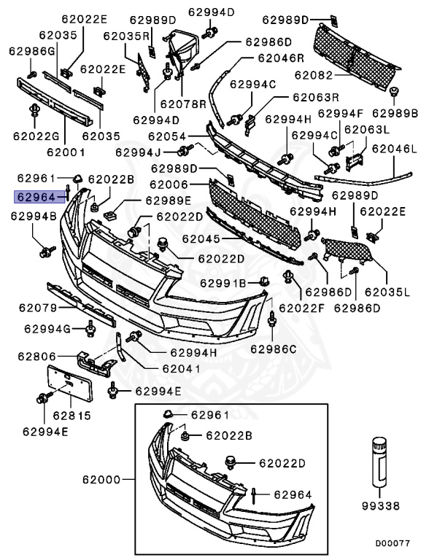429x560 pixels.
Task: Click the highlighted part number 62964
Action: (x=35, y=196)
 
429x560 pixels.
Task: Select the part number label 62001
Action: (x=66, y=153)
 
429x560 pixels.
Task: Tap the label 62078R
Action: (x=182, y=104)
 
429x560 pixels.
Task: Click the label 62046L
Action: (x=394, y=148)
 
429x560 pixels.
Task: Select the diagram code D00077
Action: (x=393, y=543)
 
